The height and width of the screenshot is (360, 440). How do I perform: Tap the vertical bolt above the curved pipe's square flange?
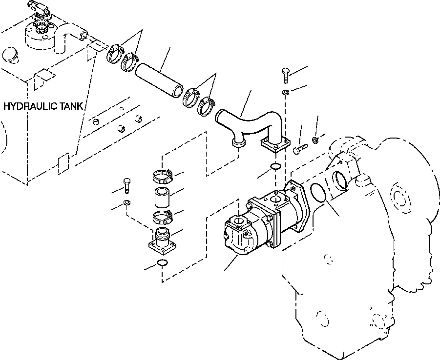point(286,76)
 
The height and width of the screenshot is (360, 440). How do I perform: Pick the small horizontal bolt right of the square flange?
point(299,149)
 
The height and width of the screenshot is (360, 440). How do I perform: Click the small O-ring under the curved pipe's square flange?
point(275,167)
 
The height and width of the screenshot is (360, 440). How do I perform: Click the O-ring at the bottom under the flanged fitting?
point(163,264)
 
